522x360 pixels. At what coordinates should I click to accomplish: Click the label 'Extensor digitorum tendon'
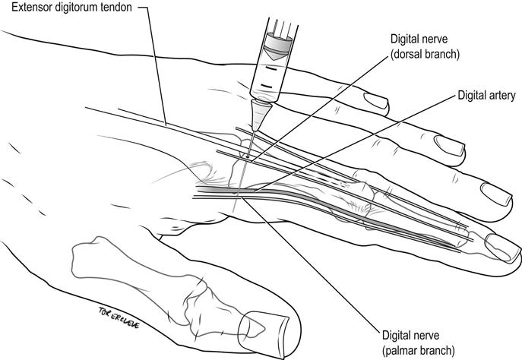tap(71, 8)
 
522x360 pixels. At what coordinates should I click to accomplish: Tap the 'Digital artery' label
tap(486, 96)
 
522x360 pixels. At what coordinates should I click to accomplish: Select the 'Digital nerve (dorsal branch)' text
tap(425, 46)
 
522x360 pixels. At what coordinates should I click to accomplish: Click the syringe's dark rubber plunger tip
tap(277, 46)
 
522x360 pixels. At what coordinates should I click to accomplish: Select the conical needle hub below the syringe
tap(260, 115)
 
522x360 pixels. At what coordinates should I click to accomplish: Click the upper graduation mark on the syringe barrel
tap(270, 69)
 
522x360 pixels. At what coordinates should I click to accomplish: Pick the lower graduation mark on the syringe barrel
tap(267, 87)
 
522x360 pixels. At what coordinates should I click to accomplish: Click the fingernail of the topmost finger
tap(377, 101)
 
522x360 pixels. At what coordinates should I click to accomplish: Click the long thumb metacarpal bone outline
tap(133, 266)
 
